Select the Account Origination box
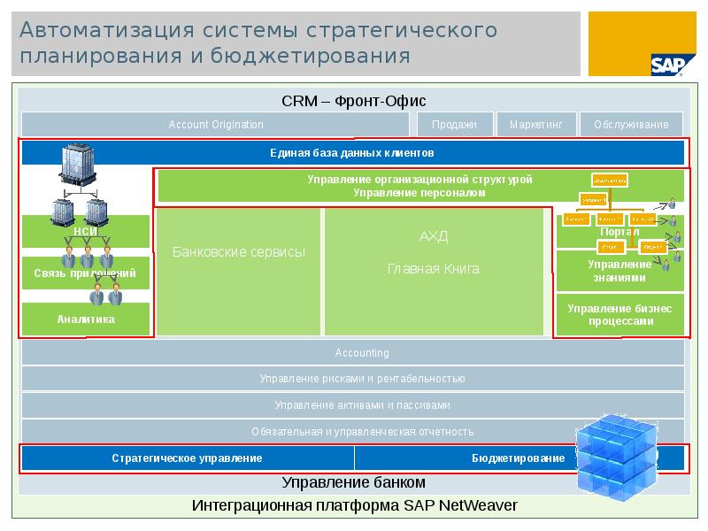point(216,125)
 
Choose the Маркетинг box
point(536,125)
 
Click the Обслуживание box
point(632,125)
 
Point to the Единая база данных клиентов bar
point(352,153)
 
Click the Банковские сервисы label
point(238,252)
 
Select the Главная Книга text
point(434,269)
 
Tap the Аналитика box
point(86,319)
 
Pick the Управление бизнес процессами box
point(619,315)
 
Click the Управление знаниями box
point(619,271)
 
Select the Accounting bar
point(352,353)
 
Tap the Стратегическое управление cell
point(187,458)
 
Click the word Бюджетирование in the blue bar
point(518,458)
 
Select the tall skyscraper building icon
point(77,167)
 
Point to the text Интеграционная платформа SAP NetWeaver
point(354,505)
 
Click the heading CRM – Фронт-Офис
point(354,101)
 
